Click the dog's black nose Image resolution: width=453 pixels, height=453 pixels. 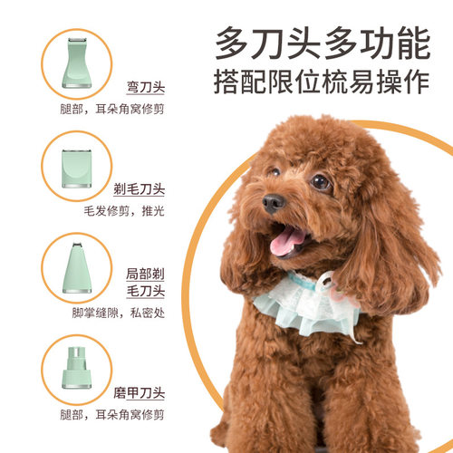[273, 202]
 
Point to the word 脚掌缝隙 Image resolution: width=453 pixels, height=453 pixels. [93, 314]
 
